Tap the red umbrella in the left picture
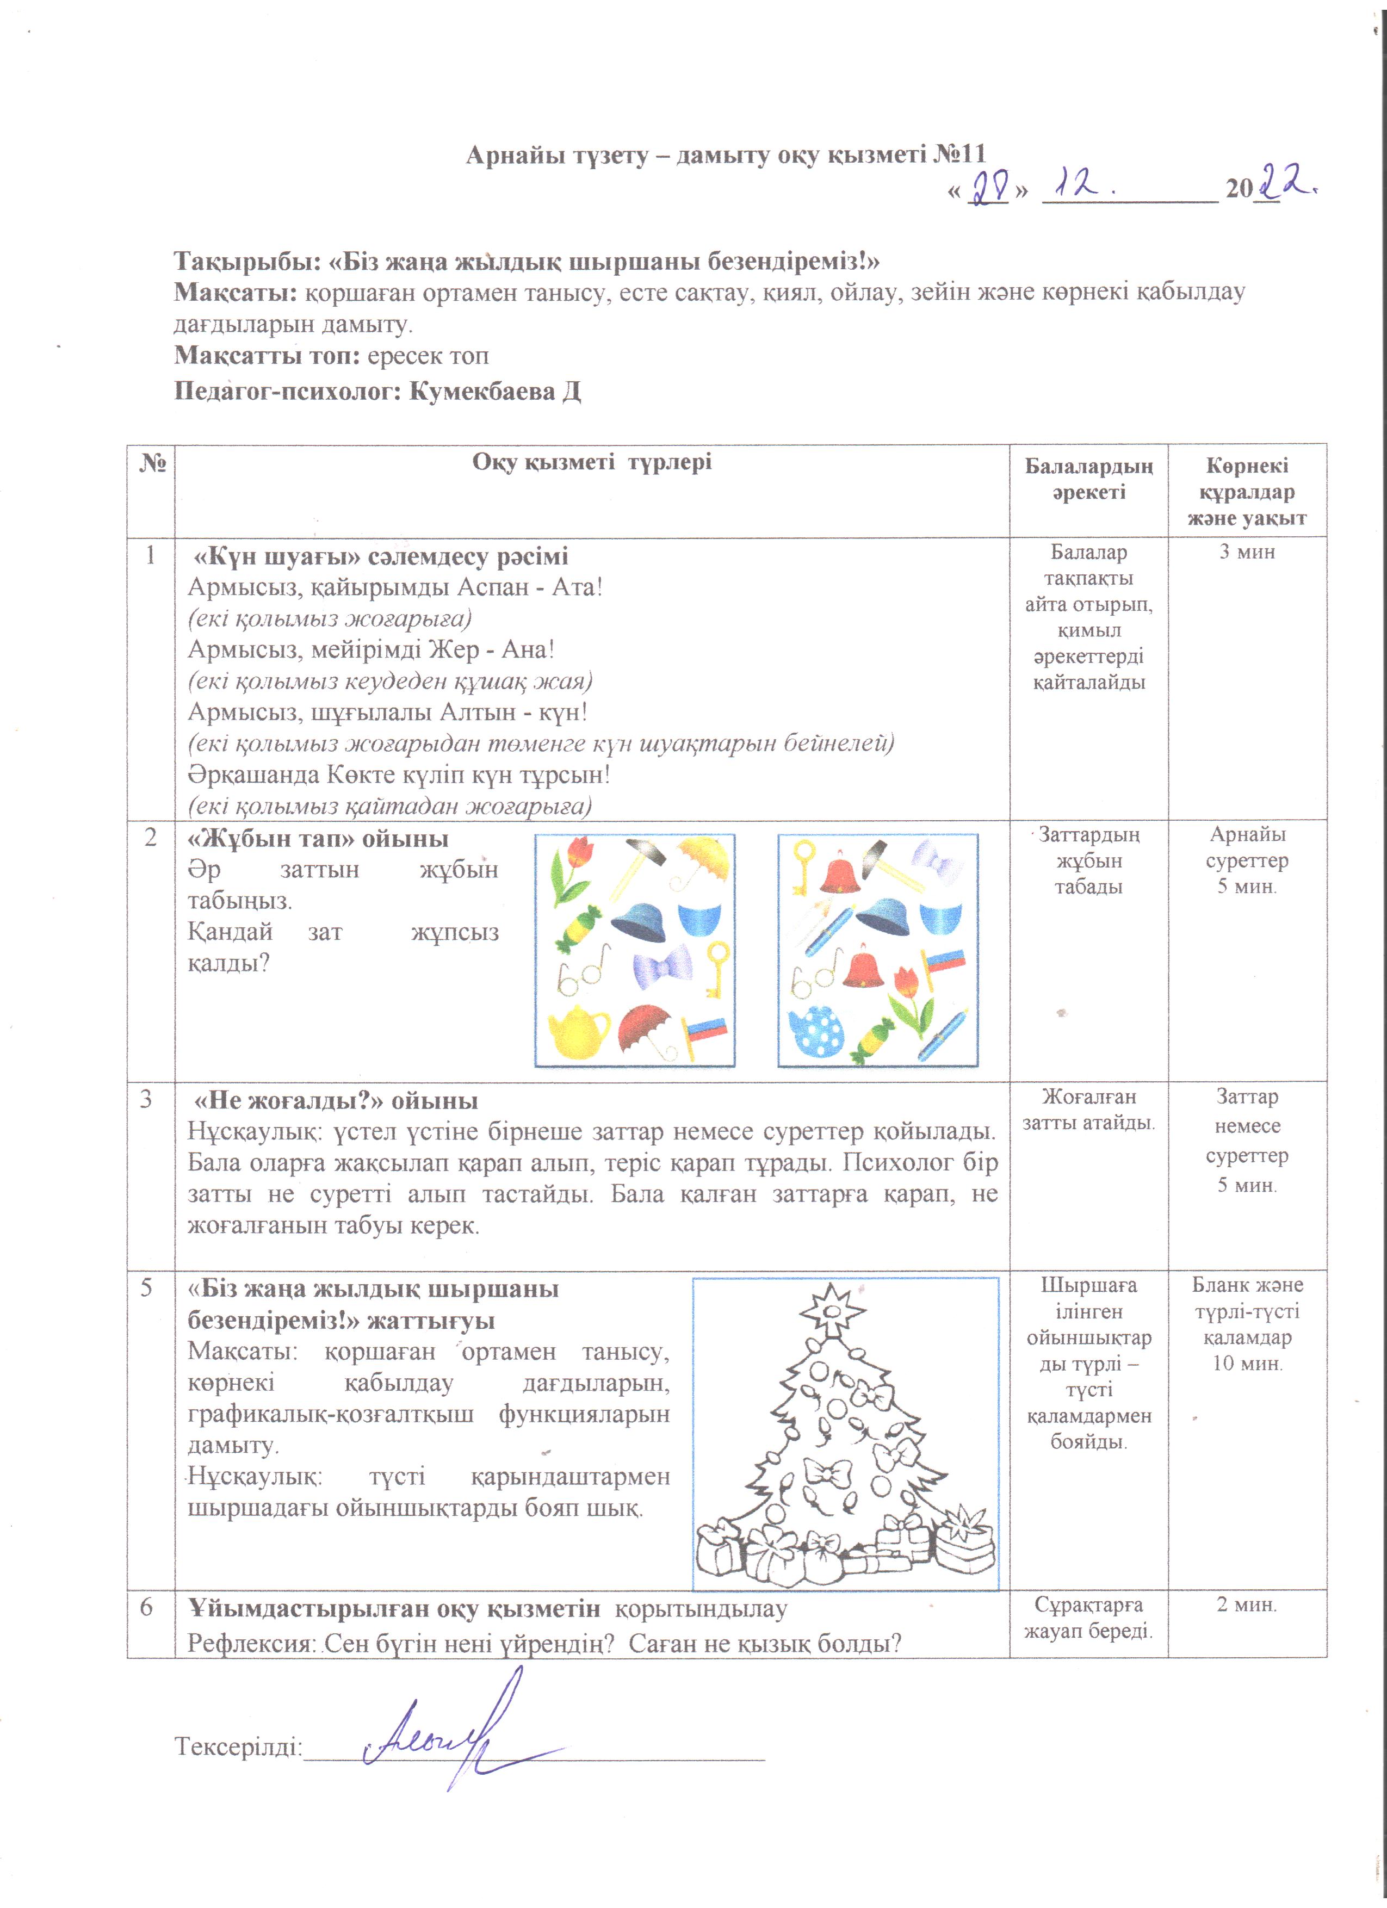click(x=646, y=1028)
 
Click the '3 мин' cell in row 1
click(x=1247, y=553)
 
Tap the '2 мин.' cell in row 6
click(x=1247, y=1605)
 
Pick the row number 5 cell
click(x=147, y=1287)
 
